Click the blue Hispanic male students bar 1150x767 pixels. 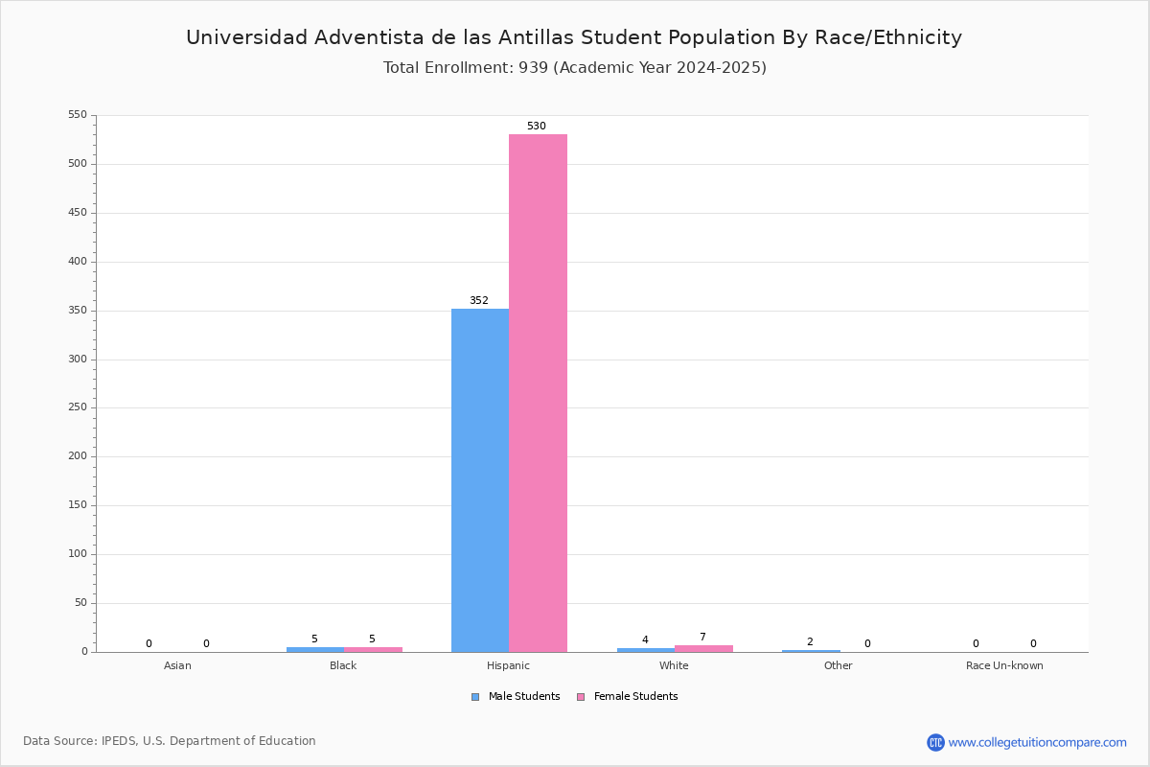pos(480,480)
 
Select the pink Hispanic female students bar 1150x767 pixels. pos(538,393)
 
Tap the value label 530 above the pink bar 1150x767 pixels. pos(537,126)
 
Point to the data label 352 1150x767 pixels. pos(479,300)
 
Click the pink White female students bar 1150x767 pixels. pos(703,649)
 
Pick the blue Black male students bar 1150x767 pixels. pos(315,650)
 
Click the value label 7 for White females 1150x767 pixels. pos(702,637)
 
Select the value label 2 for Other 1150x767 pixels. pos(810,641)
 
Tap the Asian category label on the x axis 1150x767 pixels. pos(177,665)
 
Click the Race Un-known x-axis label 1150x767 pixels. pos(1004,665)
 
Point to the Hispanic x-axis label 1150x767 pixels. pos(508,665)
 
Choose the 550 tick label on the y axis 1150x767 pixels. pos(78,114)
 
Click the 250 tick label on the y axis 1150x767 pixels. pos(78,407)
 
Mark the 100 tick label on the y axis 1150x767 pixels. pos(78,554)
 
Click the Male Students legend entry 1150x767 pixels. pos(516,697)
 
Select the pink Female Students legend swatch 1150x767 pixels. pos(581,697)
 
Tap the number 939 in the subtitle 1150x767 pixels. pos(534,67)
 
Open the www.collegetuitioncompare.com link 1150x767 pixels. pos(1037,742)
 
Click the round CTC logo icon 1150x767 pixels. pos(935,742)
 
